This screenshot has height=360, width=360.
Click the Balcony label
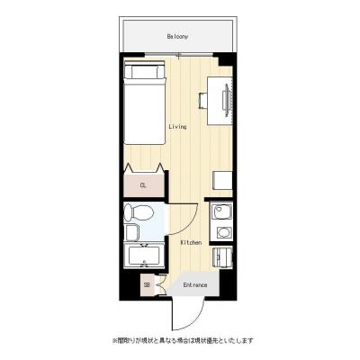click(x=176, y=37)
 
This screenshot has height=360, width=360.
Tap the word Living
click(x=177, y=127)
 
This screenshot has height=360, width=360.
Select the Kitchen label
click(x=190, y=243)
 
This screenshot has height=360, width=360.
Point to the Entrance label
click(x=195, y=285)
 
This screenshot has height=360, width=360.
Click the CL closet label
click(x=142, y=185)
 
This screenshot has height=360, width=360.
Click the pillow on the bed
click(x=144, y=72)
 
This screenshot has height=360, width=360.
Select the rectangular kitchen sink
click(x=221, y=214)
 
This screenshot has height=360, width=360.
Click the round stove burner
click(x=221, y=233)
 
